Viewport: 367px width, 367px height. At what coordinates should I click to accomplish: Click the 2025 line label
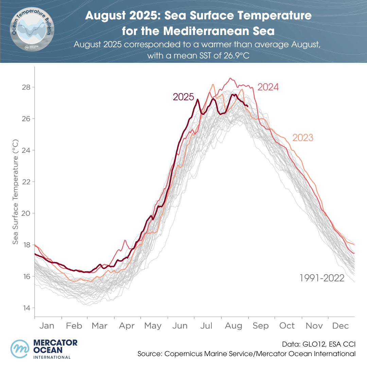coord(183,97)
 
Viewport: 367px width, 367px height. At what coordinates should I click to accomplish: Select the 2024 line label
coord(268,87)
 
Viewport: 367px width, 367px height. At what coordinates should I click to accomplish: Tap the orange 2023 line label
coord(303,138)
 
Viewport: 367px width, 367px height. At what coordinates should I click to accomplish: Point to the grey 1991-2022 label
coord(322,279)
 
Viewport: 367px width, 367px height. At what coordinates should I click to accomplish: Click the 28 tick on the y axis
coord(26,87)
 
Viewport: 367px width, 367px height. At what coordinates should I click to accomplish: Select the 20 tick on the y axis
coord(26,213)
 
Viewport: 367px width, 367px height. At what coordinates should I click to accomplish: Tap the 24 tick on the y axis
coord(26,150)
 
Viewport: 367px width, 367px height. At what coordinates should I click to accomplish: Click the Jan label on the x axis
coord(47,326)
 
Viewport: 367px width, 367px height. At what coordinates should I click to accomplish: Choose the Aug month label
coord(234,326)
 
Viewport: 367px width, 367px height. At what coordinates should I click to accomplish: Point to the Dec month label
coord(340,326)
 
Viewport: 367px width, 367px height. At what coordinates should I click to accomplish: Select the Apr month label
coord(127,326)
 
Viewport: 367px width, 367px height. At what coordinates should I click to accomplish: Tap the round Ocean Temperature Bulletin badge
coord(31,31)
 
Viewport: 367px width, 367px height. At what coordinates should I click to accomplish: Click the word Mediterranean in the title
coord(207,31)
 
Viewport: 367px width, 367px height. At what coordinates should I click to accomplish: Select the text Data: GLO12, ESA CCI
coord(319,344)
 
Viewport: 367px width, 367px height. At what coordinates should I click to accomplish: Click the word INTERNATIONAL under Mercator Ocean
coord(52,357)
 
